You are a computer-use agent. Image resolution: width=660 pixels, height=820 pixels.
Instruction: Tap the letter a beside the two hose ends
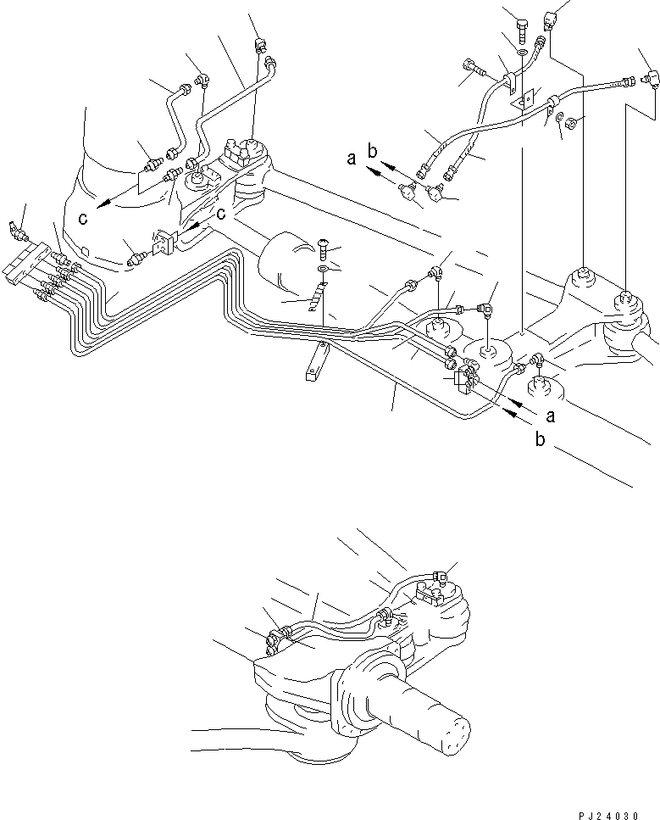click(351, 158)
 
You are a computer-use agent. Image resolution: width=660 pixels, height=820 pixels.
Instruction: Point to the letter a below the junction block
click(552, 417)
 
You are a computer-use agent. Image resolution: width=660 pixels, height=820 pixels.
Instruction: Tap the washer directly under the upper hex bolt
click(521, 53)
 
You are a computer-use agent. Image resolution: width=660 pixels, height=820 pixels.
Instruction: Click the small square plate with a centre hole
click(524, 98)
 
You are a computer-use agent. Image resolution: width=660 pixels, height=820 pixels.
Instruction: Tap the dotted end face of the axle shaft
click(456, 734)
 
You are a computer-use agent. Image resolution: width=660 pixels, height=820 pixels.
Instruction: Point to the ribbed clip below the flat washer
click(317, 299)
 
